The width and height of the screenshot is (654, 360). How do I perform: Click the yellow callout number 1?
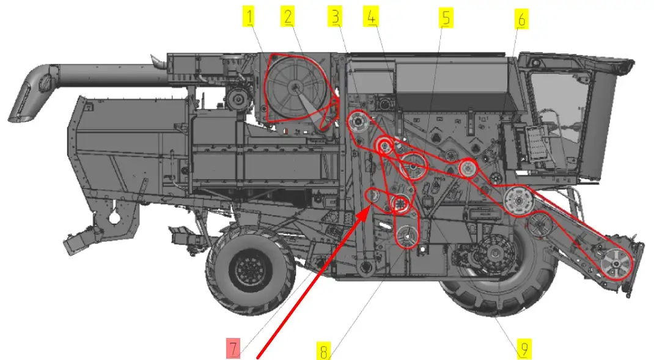point(249,17)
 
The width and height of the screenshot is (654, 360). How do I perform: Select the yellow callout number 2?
point(287,17)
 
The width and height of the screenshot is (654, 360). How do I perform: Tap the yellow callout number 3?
point(336,17)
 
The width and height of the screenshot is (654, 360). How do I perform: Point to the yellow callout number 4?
point(371,17)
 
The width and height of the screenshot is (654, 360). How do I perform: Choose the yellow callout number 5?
point(446,18)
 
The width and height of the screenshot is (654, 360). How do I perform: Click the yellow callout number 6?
point(521,19)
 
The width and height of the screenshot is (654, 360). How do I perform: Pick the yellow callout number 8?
point(323,350)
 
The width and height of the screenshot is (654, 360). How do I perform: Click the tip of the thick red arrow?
point(369,204)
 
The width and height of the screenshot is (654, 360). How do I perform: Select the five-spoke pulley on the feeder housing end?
point(617,263)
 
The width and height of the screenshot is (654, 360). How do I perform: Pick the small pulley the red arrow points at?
point(373,196)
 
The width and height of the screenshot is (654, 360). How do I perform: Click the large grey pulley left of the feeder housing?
point(518,201)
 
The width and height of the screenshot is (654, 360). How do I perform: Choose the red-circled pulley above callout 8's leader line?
point(406,237)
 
